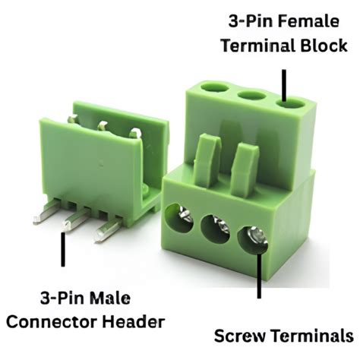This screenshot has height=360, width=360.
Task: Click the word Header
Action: click(138, 321)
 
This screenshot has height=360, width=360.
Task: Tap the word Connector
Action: click(68, 321)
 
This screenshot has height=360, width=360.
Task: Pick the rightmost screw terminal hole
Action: click(254, 237)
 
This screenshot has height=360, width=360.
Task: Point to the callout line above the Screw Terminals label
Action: click(261, 277)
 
